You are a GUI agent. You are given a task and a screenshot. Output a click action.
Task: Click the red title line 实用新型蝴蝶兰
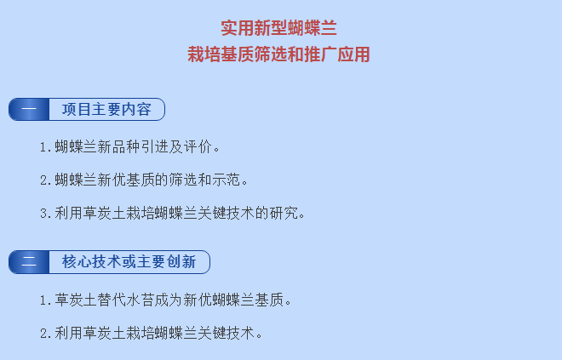[x=278, y=28]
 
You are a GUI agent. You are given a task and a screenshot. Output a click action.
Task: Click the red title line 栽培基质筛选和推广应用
[x=278, y=54]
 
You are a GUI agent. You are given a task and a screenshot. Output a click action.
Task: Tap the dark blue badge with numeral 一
[x=29, y=109]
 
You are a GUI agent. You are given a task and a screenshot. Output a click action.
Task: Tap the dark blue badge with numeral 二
[x=29, y=262]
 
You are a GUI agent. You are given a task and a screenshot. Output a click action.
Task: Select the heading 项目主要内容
[x=106, y=109]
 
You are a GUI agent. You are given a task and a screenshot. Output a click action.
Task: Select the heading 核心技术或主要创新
[x=129, y=262]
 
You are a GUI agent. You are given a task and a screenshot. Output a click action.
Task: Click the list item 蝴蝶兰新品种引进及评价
[x=129, y=147]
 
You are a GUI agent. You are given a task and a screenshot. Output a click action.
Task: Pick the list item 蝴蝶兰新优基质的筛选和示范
[x=144, y=180]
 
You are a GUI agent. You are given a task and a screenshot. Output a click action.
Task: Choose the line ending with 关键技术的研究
[x=172, y=213]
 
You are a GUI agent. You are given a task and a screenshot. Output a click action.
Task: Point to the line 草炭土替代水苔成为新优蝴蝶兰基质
[x=165, y=300]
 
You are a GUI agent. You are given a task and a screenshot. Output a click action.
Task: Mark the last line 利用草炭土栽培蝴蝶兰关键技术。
[x=151, y=334]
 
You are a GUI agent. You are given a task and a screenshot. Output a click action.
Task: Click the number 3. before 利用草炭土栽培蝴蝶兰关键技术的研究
[x=46, y=214]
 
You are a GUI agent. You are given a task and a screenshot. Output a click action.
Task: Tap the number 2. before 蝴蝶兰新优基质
[x=46, y=180]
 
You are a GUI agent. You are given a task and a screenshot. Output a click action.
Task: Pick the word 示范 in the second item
[x=227, y=180]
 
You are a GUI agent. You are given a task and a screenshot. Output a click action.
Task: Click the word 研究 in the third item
[x=284, y=213]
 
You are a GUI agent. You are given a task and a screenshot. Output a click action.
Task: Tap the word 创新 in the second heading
[x=181, y=262]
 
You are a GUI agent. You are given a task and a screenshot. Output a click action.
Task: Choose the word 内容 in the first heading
[x=136, y=109]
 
